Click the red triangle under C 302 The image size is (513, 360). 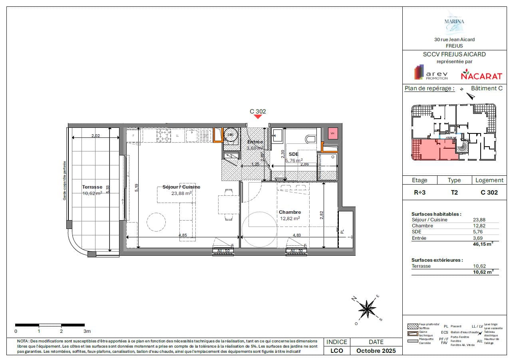click(x=258, y=116)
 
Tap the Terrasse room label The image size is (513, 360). click(x=92, y=187)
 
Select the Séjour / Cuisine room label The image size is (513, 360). click(x=181, y=187)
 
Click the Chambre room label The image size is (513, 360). click(x=290, y=212)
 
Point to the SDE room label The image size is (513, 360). click(x=294, y=154)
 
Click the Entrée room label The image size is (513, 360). click(x=255, y=142)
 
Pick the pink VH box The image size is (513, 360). click(x=332, y=134)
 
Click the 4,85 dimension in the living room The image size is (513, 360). click(x=182, y=235)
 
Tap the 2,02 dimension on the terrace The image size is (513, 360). click(x=95, y=136)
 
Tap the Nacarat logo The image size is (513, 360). click(x=476, y=74)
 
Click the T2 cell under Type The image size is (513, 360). click(x=454, y=192)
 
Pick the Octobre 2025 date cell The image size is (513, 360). click(x=376, y=351)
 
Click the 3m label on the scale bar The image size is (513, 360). click(x=87, y=331)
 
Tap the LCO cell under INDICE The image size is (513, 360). click(x=337, y=351)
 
